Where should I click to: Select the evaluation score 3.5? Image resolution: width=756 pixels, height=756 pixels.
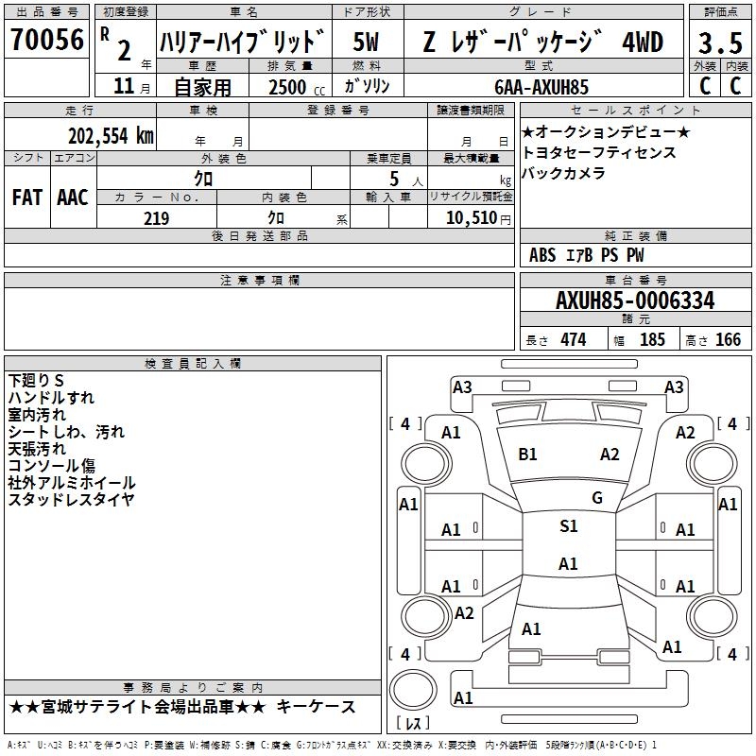(718, 43)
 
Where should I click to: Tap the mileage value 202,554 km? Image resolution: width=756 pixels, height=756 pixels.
(110, 135)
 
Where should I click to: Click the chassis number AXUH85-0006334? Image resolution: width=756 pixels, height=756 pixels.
(635, 301)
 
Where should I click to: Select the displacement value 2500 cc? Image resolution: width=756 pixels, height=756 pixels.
(289, 87)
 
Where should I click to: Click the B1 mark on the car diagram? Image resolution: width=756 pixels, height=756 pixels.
(527, 455)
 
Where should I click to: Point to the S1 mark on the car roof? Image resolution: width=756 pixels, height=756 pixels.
(568, 526)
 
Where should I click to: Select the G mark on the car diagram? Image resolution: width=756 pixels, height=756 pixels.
(596, 498)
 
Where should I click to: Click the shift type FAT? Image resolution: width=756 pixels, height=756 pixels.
(26, 198)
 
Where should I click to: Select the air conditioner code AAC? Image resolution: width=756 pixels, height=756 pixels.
(72, 198)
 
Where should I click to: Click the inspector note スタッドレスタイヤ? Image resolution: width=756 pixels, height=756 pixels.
(71, 500)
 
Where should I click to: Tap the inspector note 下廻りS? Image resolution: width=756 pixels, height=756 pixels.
(36, 381)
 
